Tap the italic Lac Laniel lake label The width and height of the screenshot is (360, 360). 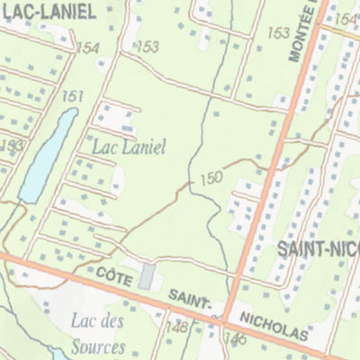[x=127, y=147]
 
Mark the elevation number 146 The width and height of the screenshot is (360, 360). [x=237, y=338]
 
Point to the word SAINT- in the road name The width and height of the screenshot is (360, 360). [x=193, y=299]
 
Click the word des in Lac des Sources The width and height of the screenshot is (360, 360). [x=114, y=319]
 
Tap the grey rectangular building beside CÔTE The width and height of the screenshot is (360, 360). [x=147, y=276]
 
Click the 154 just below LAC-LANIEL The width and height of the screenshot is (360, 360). [x=88, y=49]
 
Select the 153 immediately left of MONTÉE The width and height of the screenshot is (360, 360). [x=278, y=33]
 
